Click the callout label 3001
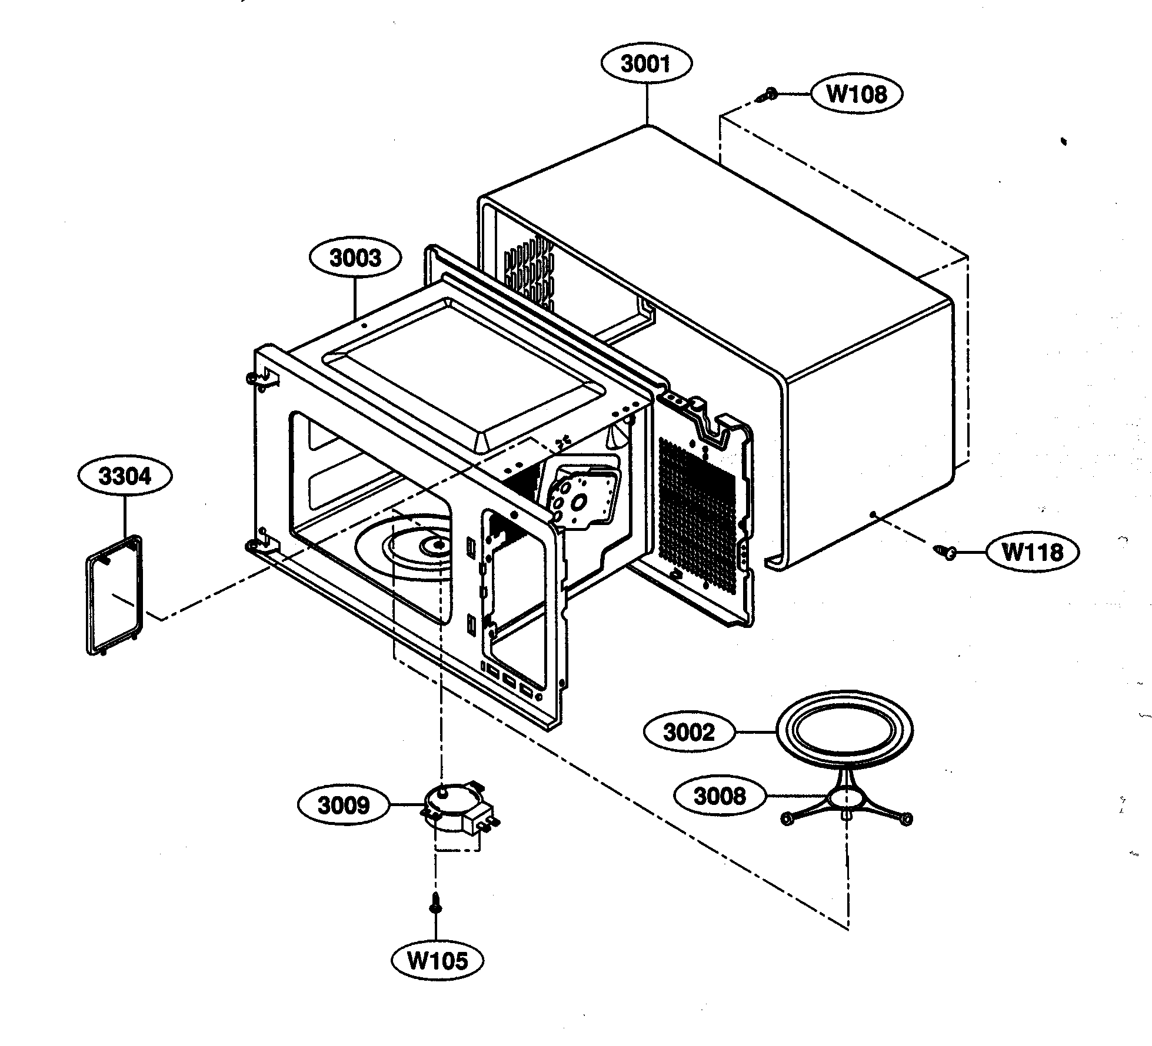pyautogui.click(x=646, y=64)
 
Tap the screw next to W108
pyautogui.click(x=767, y=96)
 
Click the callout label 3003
pyautogui.click(x=355, y=258)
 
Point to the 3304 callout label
pyautogui.click(x=125, y=476)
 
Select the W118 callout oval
pyautogui.click(x=1032, y=552)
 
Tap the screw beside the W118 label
pyautogui.click(x=945, y=552)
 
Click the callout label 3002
pyautogui.click(x=688, y=733)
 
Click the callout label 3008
pyautogui.click(x=720, y=796)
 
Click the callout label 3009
pyautogui.click(x=344, y=805)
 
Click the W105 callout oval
pyautogui.click(x=438, y=961)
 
